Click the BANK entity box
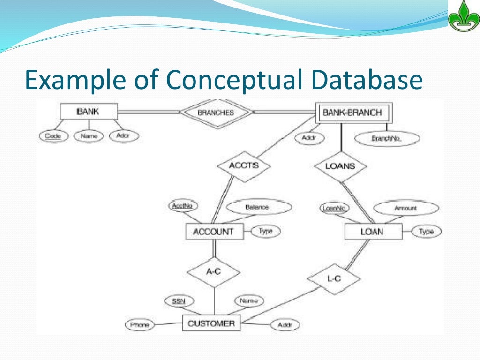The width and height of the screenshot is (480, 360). click(88, 112)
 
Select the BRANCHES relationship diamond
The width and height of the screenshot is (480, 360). click(216, 112)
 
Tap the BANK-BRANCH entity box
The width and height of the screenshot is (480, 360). click(352, 112)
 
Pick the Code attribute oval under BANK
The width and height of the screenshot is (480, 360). click(53, 136)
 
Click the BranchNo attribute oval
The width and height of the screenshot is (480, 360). click(387, 138)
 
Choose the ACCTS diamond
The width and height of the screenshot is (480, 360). click(244, 165)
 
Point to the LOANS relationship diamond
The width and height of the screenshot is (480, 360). click(340, 166)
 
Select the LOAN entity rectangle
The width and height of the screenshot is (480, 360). click(372, 232)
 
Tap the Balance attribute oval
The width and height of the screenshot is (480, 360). click(257, 207)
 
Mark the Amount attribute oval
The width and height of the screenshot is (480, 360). click(406, 208)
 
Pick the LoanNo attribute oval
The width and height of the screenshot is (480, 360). click(335, 208)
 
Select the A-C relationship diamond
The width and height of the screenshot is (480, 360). click(214, 271)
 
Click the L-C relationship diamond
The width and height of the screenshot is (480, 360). click(334, 278)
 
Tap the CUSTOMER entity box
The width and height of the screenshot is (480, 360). click(211, 323)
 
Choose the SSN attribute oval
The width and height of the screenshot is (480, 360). click(178, 301)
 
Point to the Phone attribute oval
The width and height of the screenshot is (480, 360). click(140, 324)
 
